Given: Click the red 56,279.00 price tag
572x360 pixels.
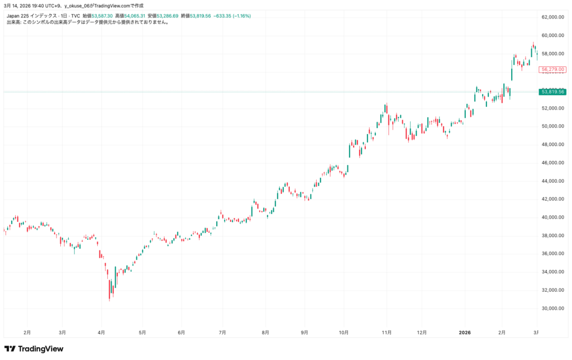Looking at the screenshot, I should tap(552, 69).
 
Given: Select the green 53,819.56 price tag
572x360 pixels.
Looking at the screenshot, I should tap(552, 92).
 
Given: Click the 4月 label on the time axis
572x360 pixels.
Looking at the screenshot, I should tap(101, 332).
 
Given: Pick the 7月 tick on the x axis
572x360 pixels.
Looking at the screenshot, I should tap(222, 332).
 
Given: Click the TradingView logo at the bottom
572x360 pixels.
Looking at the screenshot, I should tap(34, 349).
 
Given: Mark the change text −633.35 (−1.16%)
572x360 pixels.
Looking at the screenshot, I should tap(232, 16).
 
